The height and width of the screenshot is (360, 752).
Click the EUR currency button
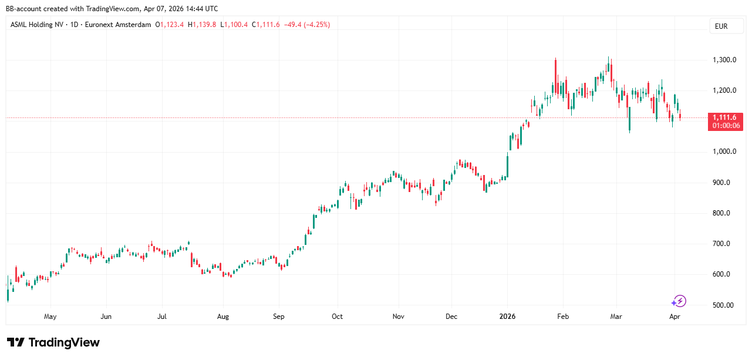(721, 26)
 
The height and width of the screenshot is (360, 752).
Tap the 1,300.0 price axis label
(724, 60)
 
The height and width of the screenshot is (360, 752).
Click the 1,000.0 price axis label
(724, 152)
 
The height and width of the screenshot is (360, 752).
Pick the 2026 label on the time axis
(507, 317)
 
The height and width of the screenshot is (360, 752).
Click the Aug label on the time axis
(223, 317)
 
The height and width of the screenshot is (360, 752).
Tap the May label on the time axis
(50, 317)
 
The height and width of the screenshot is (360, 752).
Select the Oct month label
(337, 317)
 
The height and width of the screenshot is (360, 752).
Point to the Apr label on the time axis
(675, 317)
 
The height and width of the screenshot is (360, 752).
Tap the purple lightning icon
(679, 301)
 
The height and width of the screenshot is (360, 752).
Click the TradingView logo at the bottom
(53, 342)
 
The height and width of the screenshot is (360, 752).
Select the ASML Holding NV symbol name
(36, 25)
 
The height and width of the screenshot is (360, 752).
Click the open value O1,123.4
(170, 25)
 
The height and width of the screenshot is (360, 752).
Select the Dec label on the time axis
(451, 317)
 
